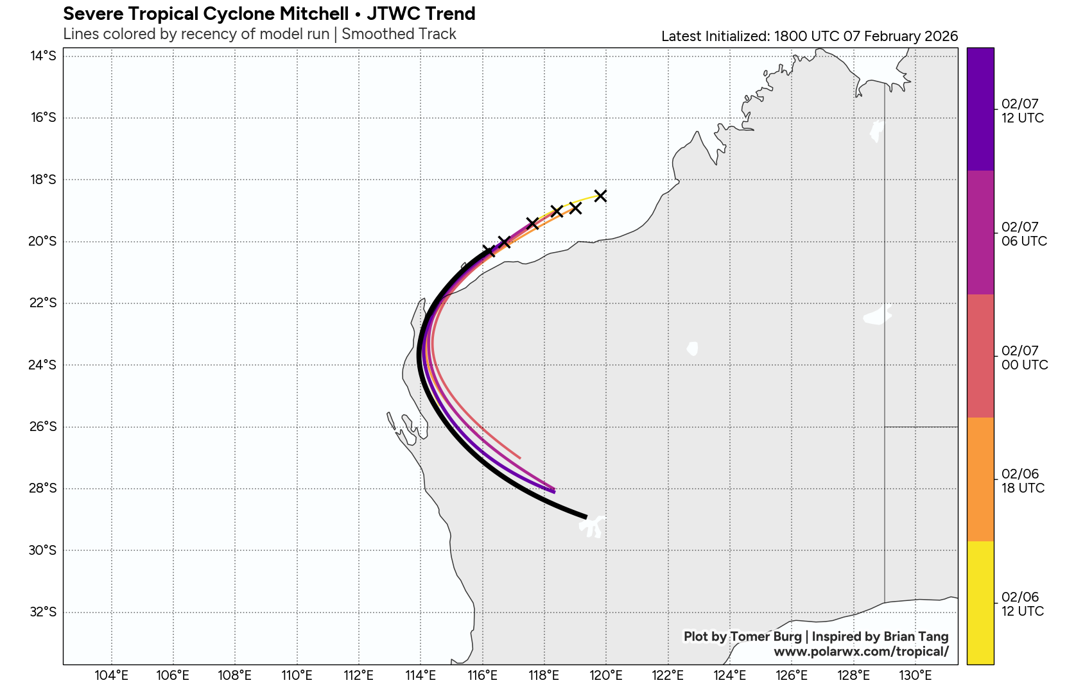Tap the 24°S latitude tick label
point(43,365)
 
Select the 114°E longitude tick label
point(421,675)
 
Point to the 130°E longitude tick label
point(915,675)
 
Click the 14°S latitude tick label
point(43,56)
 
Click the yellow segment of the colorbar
point(980,602)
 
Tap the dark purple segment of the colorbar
point(980,109)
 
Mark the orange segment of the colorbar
point(980,479)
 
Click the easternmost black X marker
point(600,196)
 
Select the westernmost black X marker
point(489,251)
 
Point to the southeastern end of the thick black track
point(586,516)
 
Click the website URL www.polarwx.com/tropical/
point(860,652)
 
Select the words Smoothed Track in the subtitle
point(399,34)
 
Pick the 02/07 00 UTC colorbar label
point(1024,358)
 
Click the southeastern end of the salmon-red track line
point(519,457)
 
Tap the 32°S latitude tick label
point(43,612)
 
